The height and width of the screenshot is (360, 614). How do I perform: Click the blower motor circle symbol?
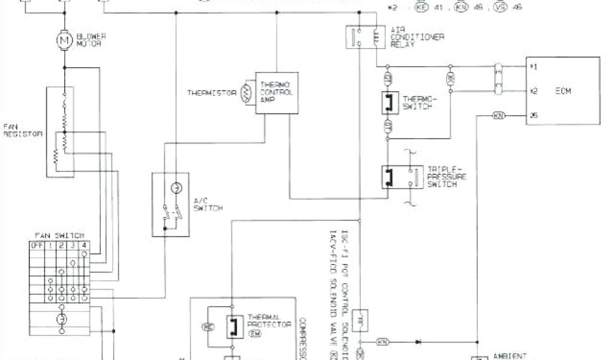pos(63,40)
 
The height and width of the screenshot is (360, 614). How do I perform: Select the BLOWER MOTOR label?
pos(91,40)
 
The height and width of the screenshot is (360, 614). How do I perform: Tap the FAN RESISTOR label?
pos(22,130)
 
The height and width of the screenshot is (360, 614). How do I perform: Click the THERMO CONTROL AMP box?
pos(276,92)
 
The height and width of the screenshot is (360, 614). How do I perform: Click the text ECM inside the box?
pos(563,91)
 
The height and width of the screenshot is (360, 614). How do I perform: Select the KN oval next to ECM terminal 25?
pos(498,115)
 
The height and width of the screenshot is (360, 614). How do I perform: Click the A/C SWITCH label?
pos(208,204)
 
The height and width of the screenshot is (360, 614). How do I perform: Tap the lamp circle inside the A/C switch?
pos(175,188)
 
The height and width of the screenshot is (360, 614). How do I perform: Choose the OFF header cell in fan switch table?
pos(36,245)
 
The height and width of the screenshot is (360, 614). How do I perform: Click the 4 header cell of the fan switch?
pos(84,245)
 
